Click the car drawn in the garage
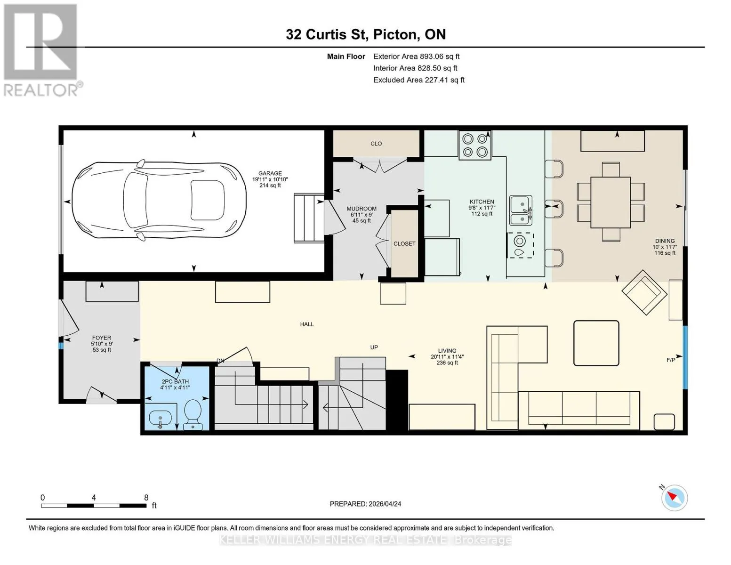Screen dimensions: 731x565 pos(159,201)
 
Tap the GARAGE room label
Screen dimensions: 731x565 pos(270,173)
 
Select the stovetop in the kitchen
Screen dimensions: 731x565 pos(475,145)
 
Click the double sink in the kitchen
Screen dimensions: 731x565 pos(521,210)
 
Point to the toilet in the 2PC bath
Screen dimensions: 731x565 pos(193,415)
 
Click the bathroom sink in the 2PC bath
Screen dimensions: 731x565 pos(160,419)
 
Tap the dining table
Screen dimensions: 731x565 pos(610,202)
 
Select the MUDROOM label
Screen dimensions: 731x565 pos(361,209)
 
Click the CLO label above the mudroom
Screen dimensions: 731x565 pos(376,144)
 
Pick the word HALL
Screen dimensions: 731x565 pos(307,324)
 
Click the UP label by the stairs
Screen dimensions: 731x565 pos(374,347)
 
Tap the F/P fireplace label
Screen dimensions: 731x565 pos(671,360)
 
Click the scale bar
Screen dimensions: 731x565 pos(94,506)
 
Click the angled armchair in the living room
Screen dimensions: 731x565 pos(644,292)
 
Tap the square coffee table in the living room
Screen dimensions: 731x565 pos(596,343)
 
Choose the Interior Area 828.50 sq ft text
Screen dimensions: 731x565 pos(415,68)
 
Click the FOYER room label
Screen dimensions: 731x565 pos(102,338)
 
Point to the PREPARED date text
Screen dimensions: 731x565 pos(365,504)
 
